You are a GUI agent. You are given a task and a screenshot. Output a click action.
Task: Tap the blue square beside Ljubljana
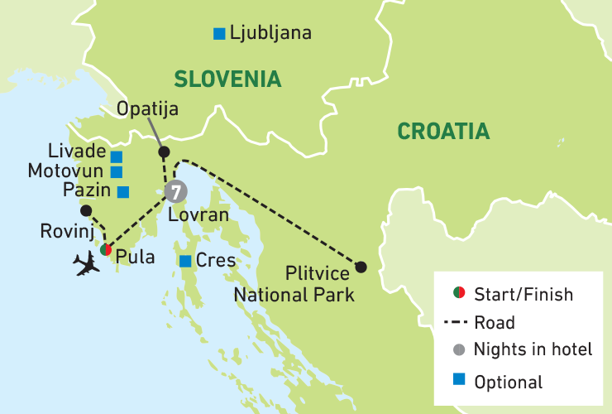click(219, 34)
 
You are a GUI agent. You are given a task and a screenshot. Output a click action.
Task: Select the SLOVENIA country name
click(227, 79)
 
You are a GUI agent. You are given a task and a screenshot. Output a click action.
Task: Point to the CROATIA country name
click(443, 131)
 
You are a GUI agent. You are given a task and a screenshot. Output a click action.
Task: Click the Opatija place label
click(149, 109)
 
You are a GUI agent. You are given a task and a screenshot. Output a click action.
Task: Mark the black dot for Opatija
click(164, 152)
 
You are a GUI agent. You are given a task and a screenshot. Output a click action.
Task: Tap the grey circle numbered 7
click(175, 191)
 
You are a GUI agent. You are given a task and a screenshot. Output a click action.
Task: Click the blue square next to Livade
click(117, 156)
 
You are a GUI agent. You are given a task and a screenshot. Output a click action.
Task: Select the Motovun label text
click(65, 171)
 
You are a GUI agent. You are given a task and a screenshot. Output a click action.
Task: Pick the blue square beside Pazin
click(122, 192)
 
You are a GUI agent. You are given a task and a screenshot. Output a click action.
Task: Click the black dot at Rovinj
click(86, 210)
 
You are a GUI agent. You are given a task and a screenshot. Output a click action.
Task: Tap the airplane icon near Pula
click(86, 263)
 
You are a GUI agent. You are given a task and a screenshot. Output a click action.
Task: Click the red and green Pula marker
click(105, 250)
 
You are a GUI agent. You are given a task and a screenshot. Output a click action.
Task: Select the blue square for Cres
click(185, 261)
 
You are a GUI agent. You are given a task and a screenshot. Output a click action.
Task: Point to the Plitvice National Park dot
click(361, 267)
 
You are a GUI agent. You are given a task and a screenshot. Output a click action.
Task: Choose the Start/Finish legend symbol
click(457, 294)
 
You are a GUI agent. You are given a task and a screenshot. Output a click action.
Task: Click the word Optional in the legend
click(509, 382)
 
